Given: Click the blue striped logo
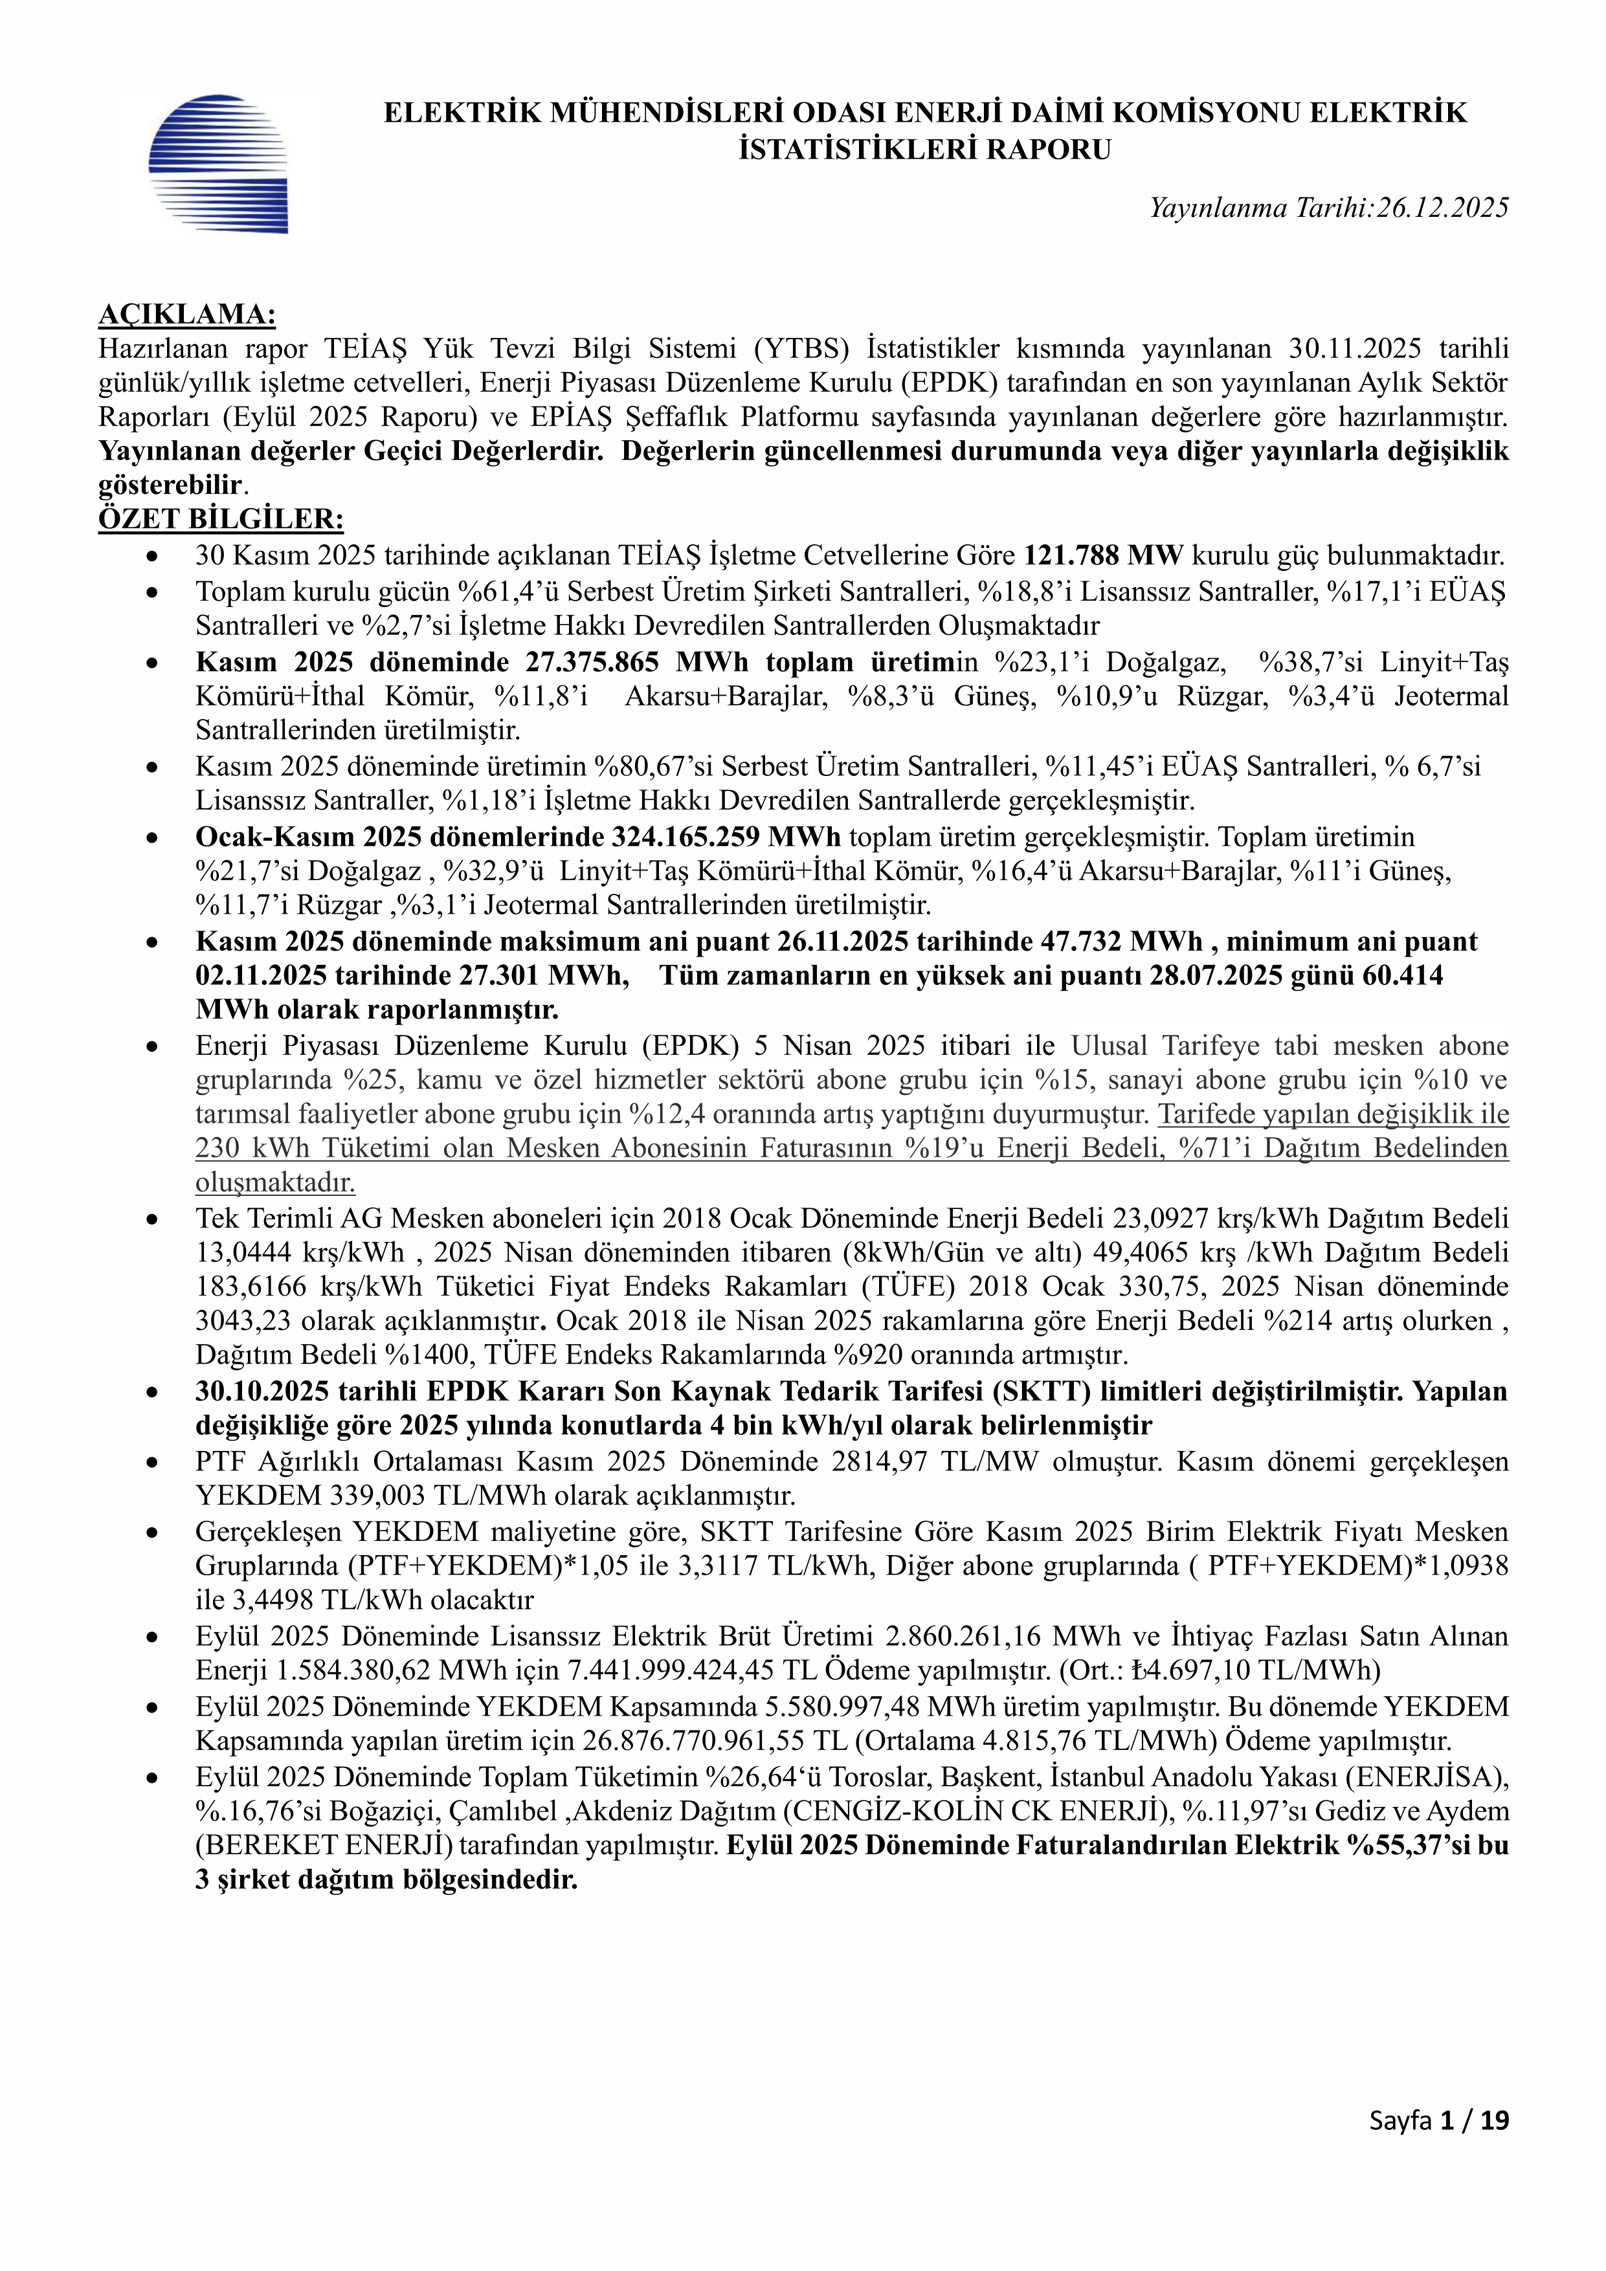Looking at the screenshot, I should coord(217,163).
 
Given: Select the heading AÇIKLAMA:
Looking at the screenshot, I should coord(187,315).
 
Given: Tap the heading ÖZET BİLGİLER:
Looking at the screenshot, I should coord(221,518).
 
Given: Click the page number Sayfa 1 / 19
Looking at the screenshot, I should coord(1439,2147).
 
